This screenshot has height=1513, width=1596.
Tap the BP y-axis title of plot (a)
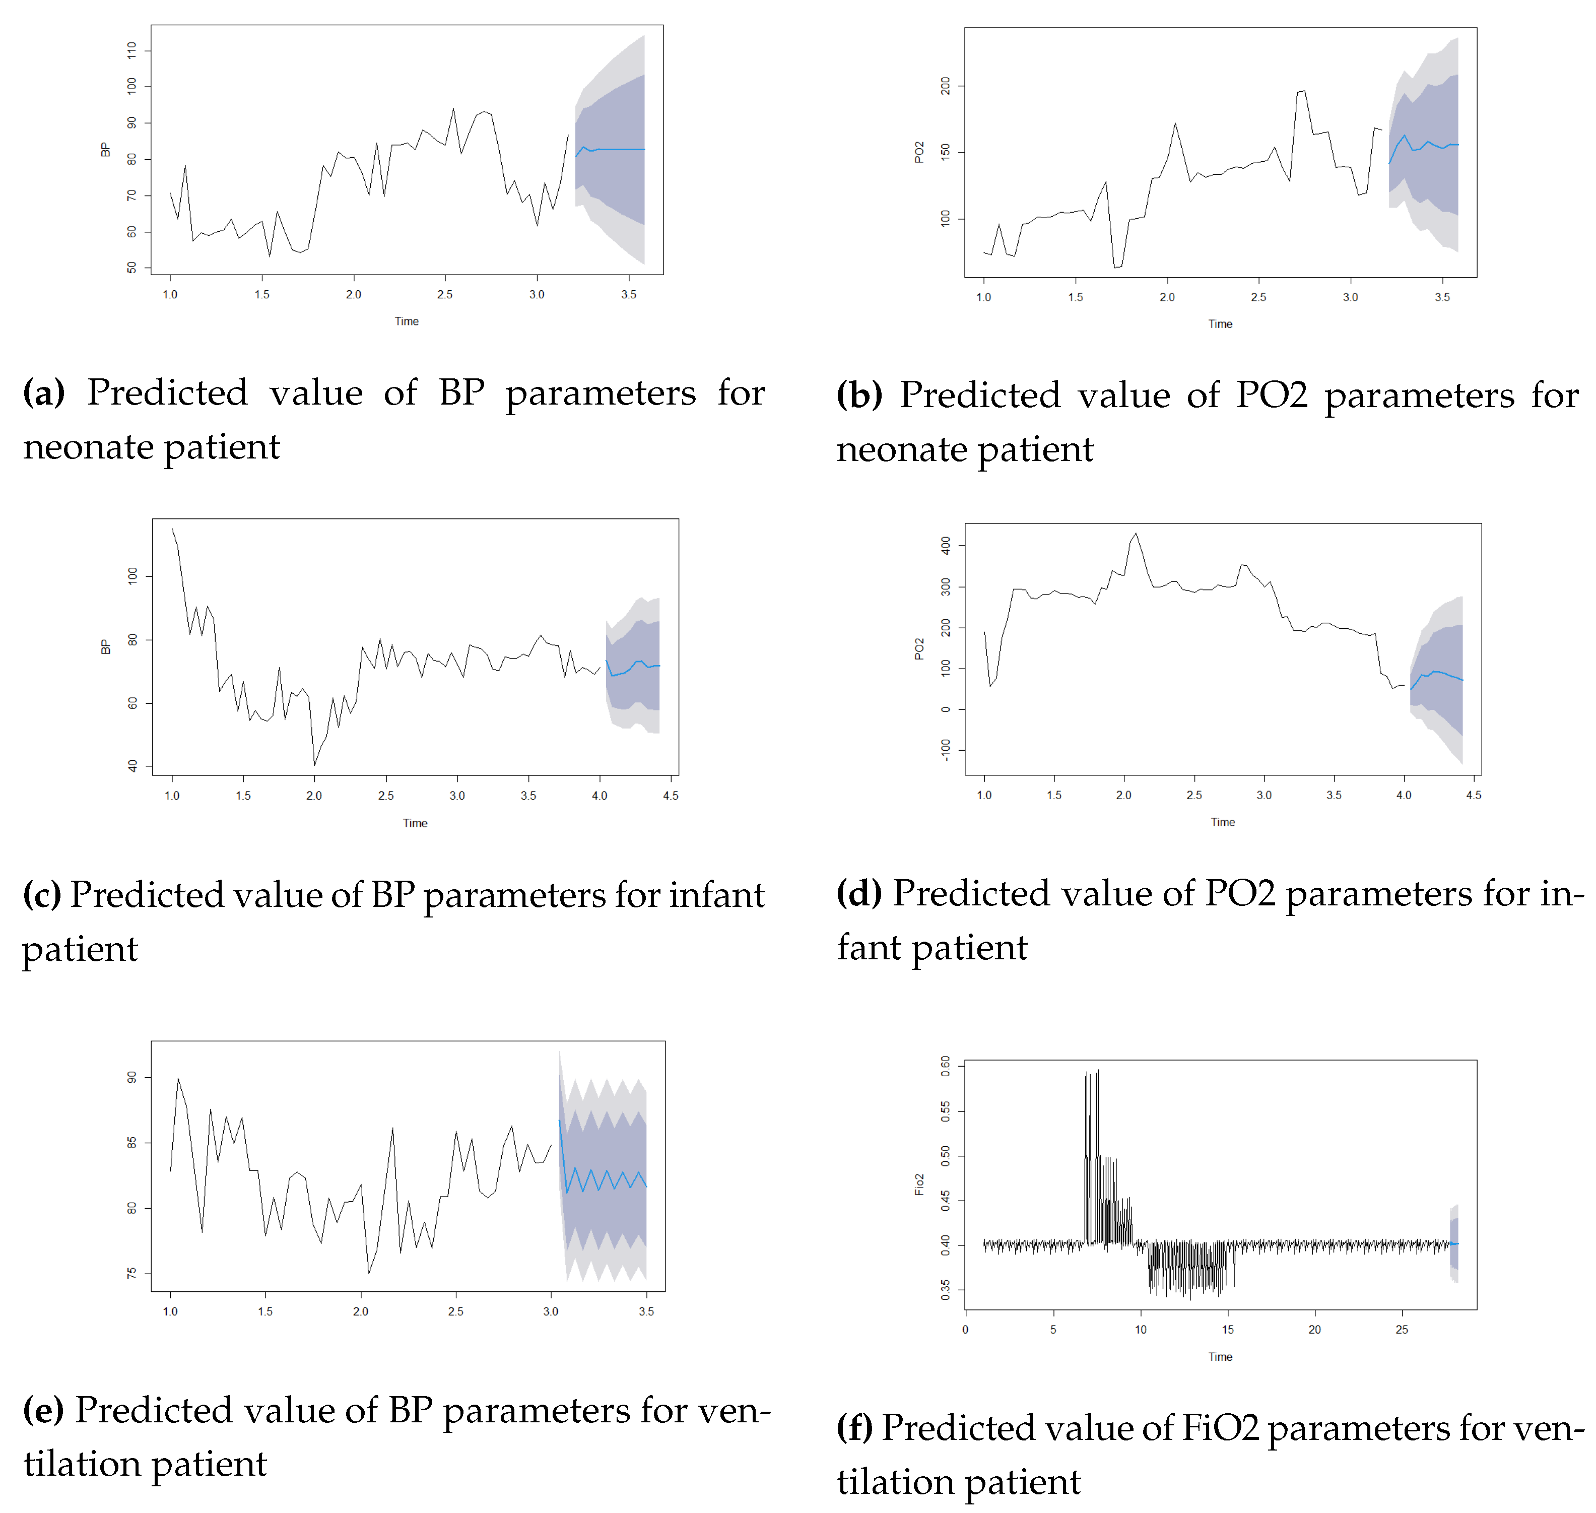coord(105,150)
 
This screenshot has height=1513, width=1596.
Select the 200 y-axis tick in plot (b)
coord(945,86)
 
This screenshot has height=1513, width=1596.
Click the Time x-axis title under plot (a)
coord(407,321)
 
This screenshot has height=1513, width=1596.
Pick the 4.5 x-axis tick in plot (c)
coord(670,795)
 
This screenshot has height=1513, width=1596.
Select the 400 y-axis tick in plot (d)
coord(945,545)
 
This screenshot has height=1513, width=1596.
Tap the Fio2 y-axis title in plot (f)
coord(918,1185)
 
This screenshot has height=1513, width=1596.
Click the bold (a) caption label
coord(43,393)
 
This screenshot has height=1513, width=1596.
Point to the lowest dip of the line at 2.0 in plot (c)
coord(314,764)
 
